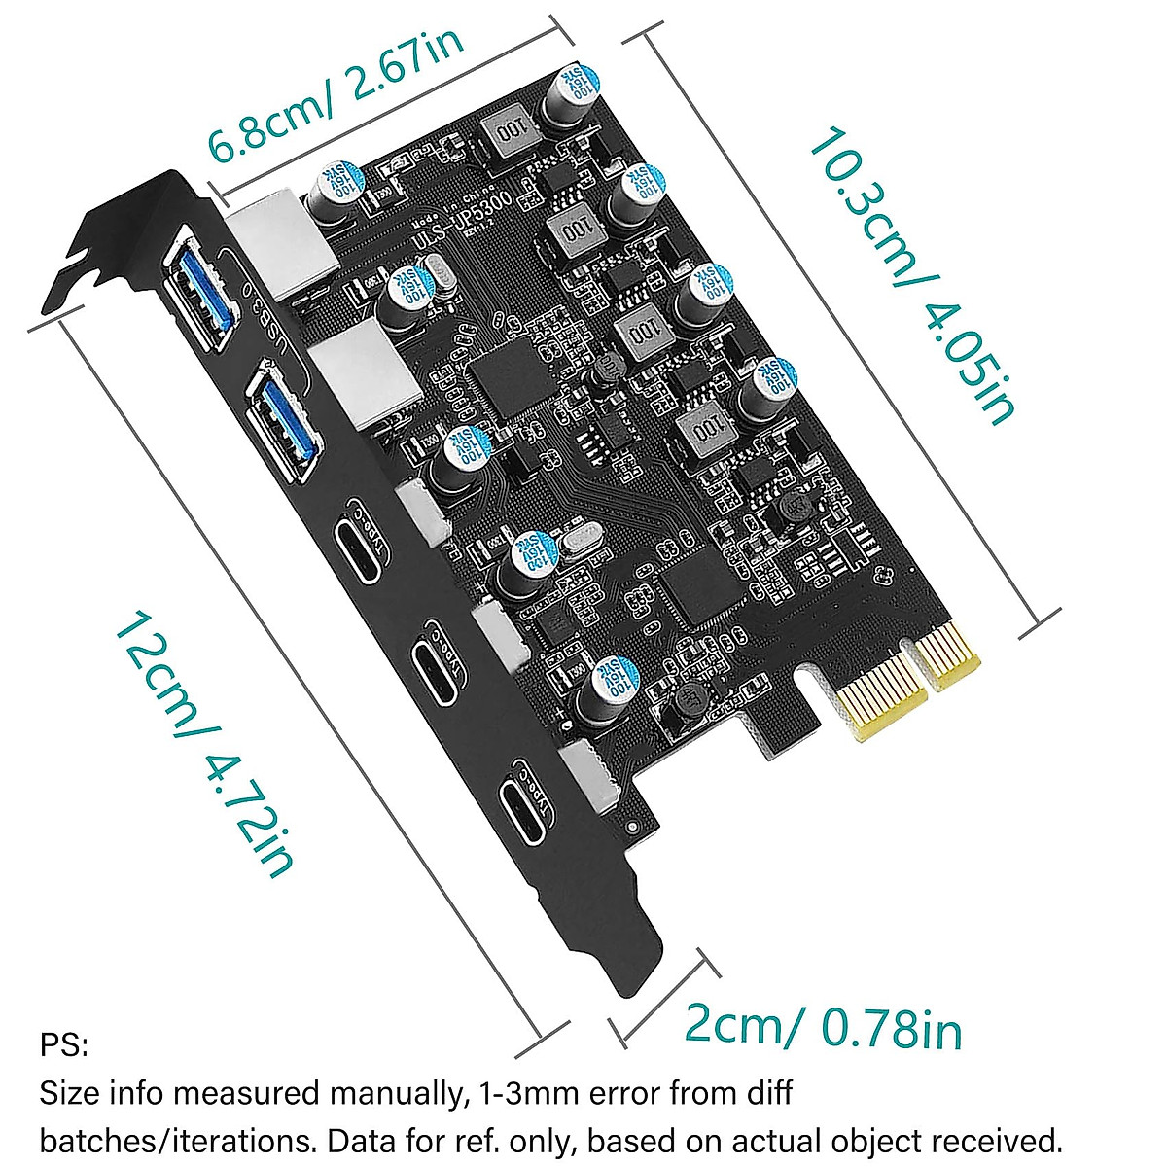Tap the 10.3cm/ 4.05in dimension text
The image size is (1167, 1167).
(x=908, y=276)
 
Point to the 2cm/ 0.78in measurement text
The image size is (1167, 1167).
(x=823, y=1024)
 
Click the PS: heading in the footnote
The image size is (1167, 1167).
(x=63, y=1047)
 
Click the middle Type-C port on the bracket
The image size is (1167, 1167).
(x=435, y=670)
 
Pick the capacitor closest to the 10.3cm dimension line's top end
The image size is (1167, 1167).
(x=566, y=94)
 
